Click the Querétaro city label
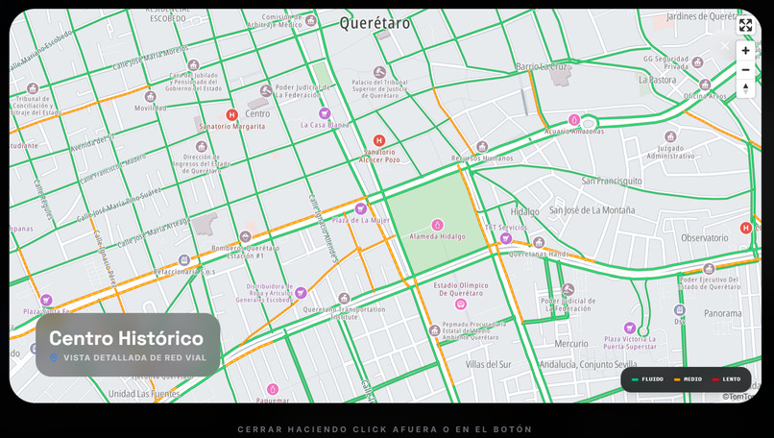(x=375, y=23)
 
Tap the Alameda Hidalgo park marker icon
(x=438, y=225)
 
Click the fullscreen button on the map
(x=745, y=25)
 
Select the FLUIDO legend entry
(x=648, y=379)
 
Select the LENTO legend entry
(x=727, y=379)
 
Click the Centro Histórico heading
(x=126, y=338)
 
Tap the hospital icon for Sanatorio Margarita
(x=231, y=115)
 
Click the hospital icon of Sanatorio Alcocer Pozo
(x=379, y=140)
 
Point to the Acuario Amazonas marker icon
(x=574, y=120)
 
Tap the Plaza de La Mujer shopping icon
(x=361, y=208)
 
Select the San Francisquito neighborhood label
(x=612, y=181)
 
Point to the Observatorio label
(x=705, y=237)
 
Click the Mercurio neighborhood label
(x=571, y=343)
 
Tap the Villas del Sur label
(x=488, y=365)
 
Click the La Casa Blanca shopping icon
(x=325, y=113)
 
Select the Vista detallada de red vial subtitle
(x=134, y=358)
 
